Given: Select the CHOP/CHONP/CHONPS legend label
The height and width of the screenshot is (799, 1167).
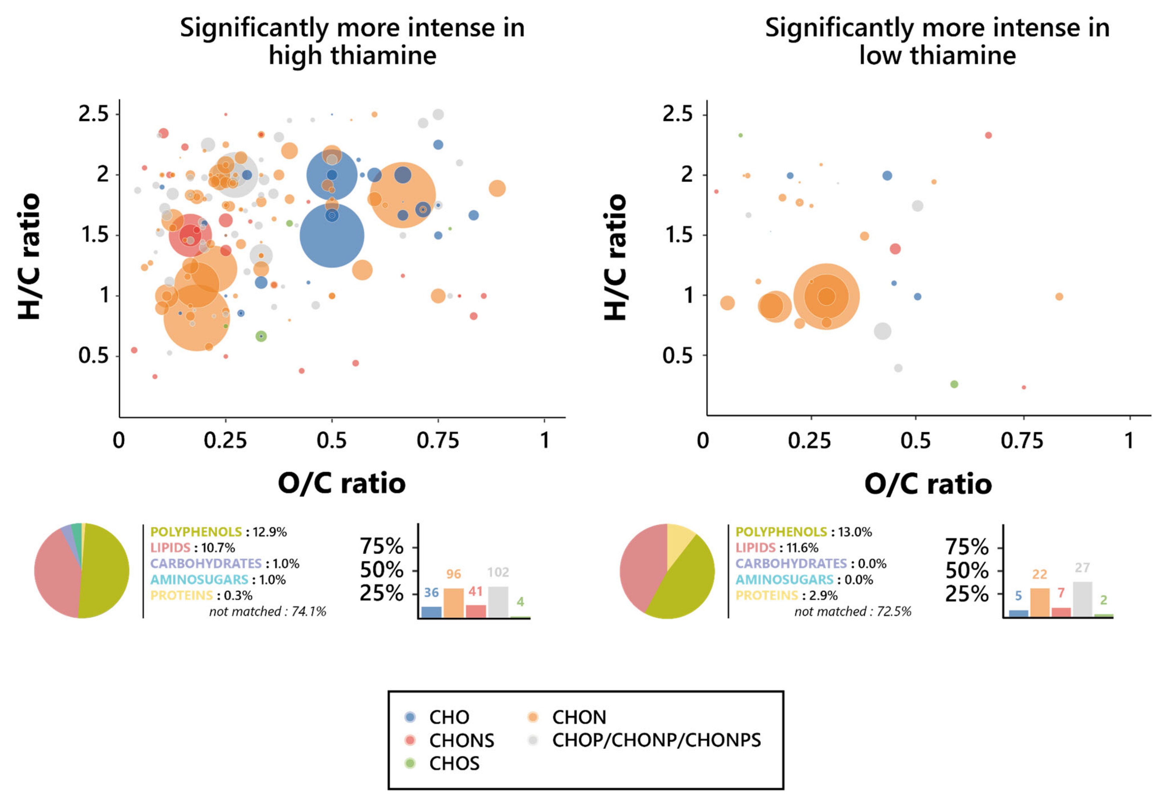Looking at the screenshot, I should [656, 740].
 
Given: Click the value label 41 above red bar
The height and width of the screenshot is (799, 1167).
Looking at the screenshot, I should [476, 591].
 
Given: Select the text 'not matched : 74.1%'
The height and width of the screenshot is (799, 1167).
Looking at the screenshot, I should [268, 611].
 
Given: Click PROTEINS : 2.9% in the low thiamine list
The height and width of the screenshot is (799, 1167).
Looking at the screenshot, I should [786, 595].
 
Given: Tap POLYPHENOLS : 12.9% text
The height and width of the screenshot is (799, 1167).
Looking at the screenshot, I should [218, 531].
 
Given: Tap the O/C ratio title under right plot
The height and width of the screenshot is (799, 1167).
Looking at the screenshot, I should [928, 484].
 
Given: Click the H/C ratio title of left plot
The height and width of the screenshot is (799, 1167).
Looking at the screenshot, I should [29, 256].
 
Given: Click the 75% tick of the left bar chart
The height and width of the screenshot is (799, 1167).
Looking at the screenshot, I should [382, 546].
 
